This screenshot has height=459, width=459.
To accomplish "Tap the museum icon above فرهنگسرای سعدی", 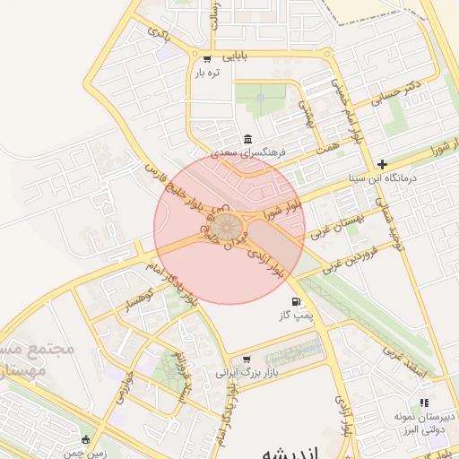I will tap(247, 139).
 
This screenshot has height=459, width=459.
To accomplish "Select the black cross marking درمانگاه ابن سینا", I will tap(383, 164).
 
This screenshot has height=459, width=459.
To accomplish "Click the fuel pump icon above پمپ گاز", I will tap(296, 302).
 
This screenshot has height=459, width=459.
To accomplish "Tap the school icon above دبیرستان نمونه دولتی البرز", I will tap(424, 403).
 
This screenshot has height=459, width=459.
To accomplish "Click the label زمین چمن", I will tap(108, 453).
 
